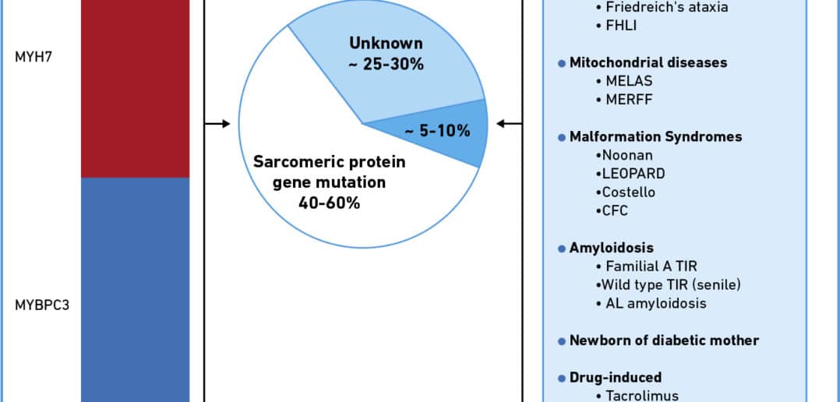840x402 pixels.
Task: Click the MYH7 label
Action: (x=34, y=57)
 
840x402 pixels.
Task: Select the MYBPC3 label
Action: (x=42, y=305)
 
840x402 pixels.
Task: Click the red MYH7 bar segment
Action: (x=135, y=88)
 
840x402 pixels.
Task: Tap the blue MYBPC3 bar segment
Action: (x=135, y=290)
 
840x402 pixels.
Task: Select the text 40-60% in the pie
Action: (x=330, y=203)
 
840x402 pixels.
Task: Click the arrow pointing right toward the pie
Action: (x=217, y=124)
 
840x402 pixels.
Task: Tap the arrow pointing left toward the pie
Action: (x=509, y=124)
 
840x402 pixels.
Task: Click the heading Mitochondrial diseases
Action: (x=648, y=62)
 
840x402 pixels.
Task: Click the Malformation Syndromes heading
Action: (x=656, y=136)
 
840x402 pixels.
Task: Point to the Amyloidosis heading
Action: (x=611, y=249)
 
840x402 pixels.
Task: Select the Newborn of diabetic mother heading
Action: (x=664, y=340)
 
